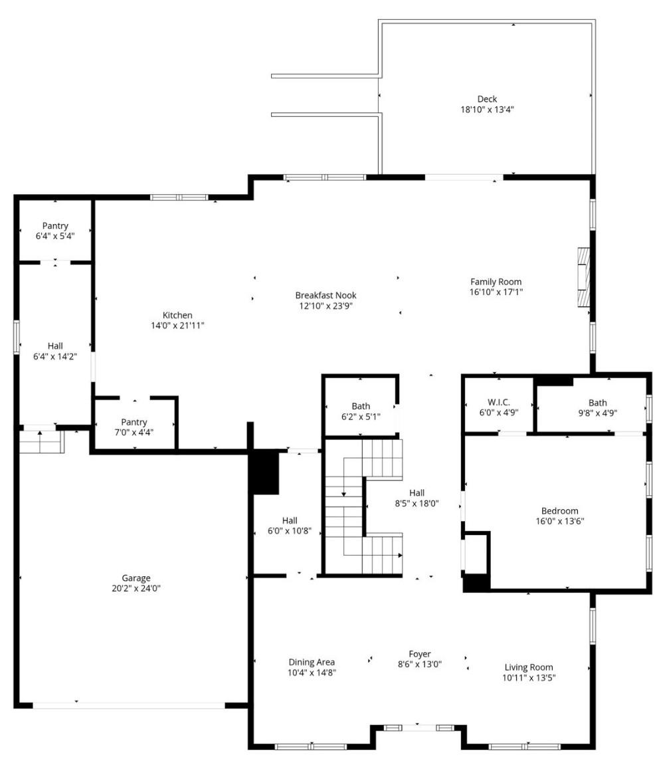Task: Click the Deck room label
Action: pos(487,99)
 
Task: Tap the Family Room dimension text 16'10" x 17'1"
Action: pos(496,292)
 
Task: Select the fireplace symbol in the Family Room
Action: pos(583,277)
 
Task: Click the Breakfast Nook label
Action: pos(330,295)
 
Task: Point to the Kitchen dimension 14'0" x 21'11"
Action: pos(177,326)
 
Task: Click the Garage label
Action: pos(136,578)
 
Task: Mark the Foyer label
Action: pos(420,654)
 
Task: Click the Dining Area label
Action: pos(312,662)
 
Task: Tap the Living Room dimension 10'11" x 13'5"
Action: pos(529,678)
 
